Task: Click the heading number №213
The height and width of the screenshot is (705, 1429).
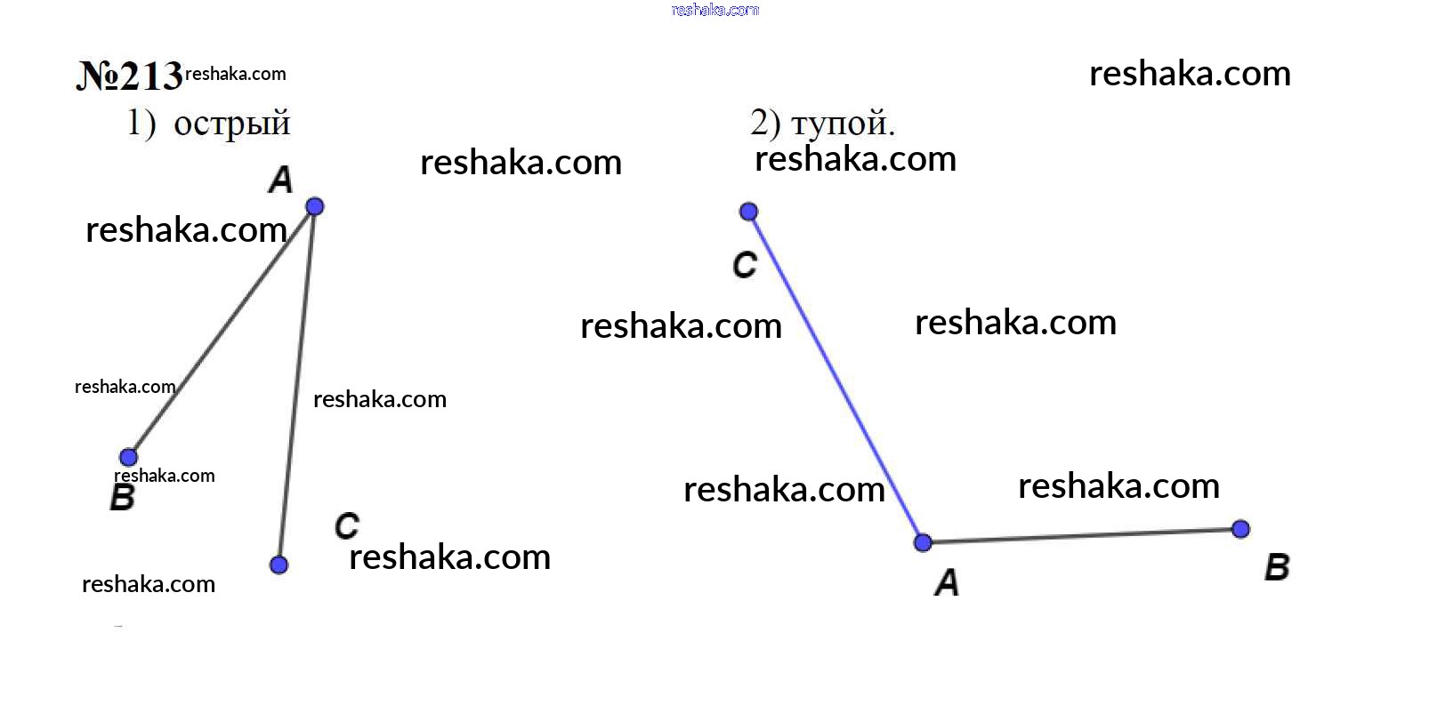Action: [130, 76]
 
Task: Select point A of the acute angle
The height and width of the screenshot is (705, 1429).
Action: [314, 206]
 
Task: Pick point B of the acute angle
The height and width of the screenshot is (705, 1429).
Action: [128, 457]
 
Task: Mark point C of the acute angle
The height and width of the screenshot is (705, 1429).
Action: [279, 565]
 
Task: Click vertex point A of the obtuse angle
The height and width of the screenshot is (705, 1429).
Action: [923, 543]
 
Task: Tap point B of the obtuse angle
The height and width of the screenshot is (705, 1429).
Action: [1240, 529]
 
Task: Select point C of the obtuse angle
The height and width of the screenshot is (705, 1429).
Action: [749, 212]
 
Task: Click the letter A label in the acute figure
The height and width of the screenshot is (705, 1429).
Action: [280, 180]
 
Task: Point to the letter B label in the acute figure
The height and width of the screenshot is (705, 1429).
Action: [123, 497]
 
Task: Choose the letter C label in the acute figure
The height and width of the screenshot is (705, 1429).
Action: [347, 526]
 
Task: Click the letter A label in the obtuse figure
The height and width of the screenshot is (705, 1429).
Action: [948, 582]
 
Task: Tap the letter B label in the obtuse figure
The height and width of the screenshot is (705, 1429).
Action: [1277, 567]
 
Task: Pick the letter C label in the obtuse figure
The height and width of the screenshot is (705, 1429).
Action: [745, 265]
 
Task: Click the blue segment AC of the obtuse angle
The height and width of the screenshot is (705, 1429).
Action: [836, 377]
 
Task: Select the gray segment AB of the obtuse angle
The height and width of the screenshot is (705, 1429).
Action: [1082, 536]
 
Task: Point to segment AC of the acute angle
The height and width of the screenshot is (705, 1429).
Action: [296, 386]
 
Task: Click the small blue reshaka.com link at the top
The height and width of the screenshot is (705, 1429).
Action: [715, 10]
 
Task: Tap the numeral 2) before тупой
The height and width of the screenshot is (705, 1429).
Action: [765, 123]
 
